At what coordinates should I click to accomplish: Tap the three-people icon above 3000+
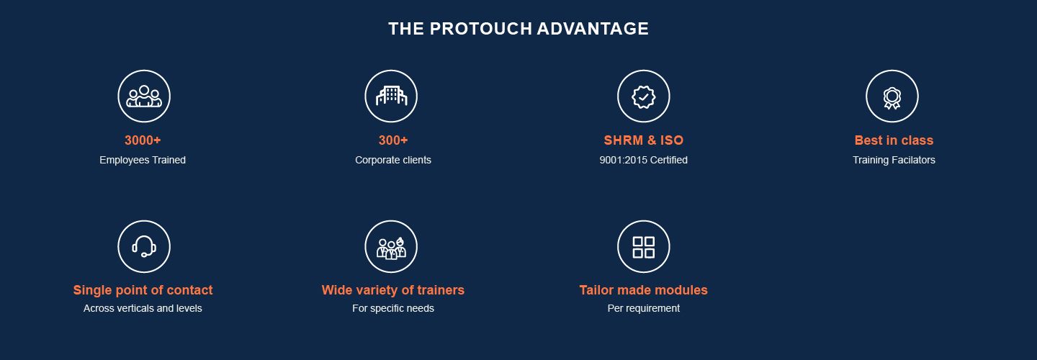point(144,96)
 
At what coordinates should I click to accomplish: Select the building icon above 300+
point(391,96)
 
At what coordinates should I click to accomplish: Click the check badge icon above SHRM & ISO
point(644,96)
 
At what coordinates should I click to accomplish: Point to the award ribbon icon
point(892,98)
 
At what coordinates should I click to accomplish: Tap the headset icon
point(144,247)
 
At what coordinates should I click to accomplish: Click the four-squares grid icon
point(644,247)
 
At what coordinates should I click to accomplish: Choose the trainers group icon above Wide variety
point(391,248)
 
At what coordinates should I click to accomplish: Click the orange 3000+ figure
point(143,140)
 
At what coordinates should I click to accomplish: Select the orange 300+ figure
point(393,140)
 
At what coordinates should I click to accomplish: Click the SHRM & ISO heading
point(644,140)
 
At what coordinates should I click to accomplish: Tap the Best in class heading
point(894,140)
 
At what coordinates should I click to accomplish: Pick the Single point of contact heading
point(143,290)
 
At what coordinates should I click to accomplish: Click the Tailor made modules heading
point(644,290)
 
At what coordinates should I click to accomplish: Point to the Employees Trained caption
point(143,160)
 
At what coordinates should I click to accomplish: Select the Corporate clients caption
point(393,160)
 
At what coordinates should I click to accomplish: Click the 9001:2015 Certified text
point(644,160)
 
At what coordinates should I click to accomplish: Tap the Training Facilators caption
point(894,160)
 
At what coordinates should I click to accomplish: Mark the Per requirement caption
point(644,308)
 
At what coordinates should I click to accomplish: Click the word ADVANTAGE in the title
point(593,29)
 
